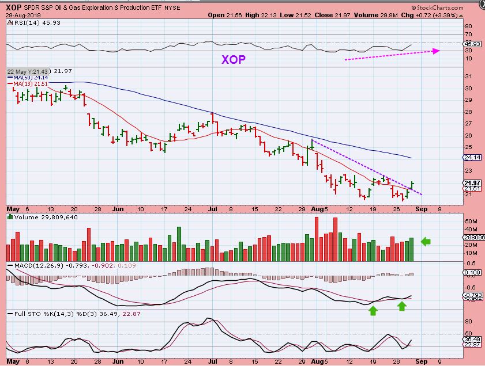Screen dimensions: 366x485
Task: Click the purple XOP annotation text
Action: pyautogui.click(x=234, y=59)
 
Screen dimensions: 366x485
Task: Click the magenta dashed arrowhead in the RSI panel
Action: pyautogui.click(x=437, y=51)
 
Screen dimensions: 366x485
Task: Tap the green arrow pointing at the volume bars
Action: pyautogui.click(x=426, y=241)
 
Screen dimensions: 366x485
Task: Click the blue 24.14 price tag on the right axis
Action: pyautogui.click(x=472, y=157)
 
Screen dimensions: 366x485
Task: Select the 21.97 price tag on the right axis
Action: pyautogui.click(x=472, y=183)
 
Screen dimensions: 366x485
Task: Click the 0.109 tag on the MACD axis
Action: pyautogui.click(x=472, y=273)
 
